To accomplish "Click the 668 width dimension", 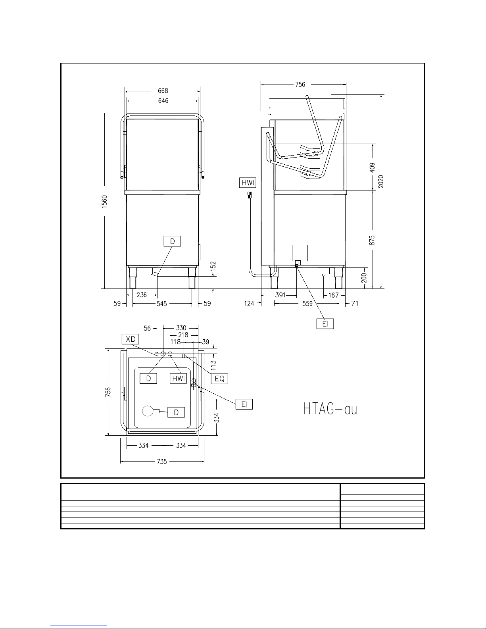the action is click(163, 90).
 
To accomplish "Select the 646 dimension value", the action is click(163, 101).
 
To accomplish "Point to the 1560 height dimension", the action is click(104, 201).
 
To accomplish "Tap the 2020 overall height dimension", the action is click(381, 181).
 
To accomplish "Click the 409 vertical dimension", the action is click(372, 167).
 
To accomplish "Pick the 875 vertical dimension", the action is click(372, 240).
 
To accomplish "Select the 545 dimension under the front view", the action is click(162, 304).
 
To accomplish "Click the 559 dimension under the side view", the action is click(307, 304).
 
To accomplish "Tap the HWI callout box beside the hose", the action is click(248, 183).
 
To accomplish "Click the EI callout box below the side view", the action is click(325, 324).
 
